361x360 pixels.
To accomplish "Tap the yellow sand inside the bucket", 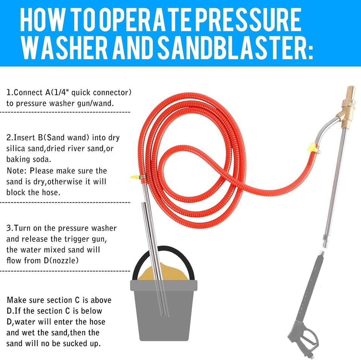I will (165, 273).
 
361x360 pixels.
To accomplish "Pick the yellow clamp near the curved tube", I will (310, 147).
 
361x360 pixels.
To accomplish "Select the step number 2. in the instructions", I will (10, 138).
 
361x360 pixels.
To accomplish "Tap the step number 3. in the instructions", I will (10, 228).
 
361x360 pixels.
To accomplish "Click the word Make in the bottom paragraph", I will (16, 300).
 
